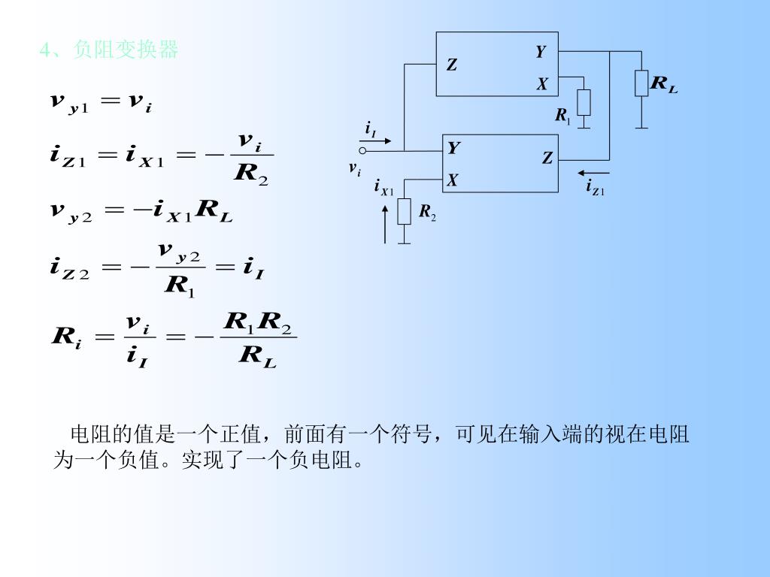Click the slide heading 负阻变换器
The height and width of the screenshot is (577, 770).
pyautogui.click(x=126, y=50)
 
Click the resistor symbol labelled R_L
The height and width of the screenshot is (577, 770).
pyautogui.click(x=641, y=83)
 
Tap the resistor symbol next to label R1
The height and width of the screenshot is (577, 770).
pyautogui.click(x=584, y=102)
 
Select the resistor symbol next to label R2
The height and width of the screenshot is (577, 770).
pyautogui.click(x=405, y=212)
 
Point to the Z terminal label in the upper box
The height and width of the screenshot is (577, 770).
pyautogui.click(x=452, y=65)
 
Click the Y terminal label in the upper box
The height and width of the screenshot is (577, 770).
pyautogui.click(x=541, y=51)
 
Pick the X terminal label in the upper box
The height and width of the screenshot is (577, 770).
pyautogui.click(x=541, y=85)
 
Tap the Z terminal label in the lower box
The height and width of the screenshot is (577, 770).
pyautogui.click(x=547, y=158)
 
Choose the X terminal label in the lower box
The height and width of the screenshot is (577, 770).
pyautogui.click(x=453, y=180)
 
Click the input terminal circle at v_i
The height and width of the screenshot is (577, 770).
pyautogui.click(x=362, y=150)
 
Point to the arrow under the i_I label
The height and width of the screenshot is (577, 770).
pyautogui.click(x=376, y=140)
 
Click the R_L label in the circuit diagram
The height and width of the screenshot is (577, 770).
pyautogui.click(x=663, y=84)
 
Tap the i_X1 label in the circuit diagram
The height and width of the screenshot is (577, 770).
pyautogui.click(x=383, y=187)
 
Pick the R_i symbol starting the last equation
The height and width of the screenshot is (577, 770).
pyautogui.click(x=66, y=338)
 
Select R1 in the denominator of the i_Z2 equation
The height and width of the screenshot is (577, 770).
pyautogui.click(x=180, y=286)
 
